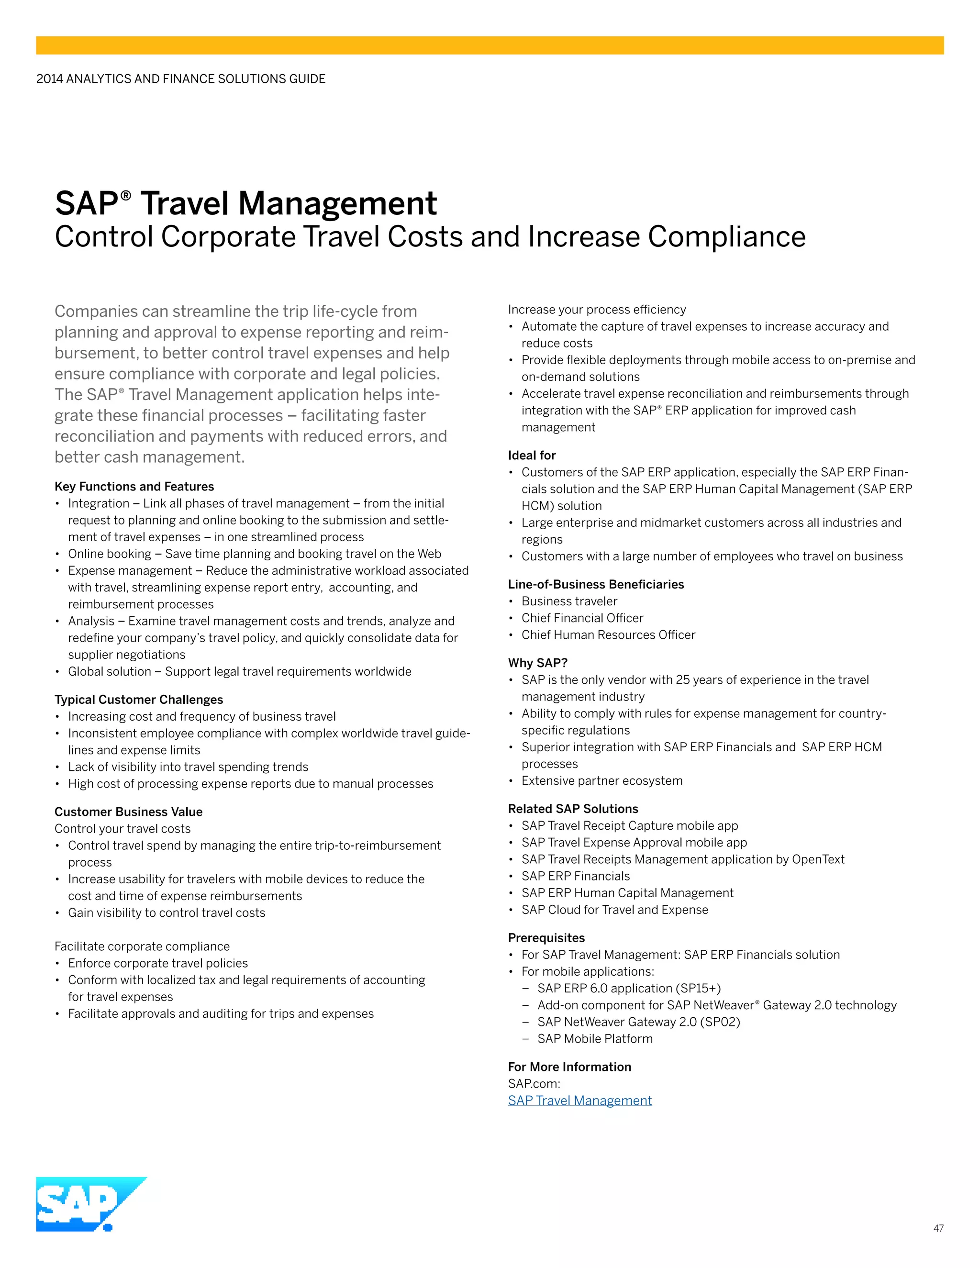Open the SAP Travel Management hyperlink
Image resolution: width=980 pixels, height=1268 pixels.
579,1100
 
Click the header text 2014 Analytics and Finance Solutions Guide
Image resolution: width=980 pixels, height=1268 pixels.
180,79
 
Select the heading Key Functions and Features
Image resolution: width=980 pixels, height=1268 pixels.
134,487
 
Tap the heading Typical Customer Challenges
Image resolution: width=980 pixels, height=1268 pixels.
139,700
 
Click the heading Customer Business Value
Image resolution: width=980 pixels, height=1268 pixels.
128,812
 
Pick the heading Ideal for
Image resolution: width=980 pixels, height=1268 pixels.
531,455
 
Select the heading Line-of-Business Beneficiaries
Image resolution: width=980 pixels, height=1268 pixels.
596,584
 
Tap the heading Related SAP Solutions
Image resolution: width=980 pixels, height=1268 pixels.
572,809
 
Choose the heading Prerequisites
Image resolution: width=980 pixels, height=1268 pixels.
546,938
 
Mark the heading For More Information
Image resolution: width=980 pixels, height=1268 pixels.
569,1067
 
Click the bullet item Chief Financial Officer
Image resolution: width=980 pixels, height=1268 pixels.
582,618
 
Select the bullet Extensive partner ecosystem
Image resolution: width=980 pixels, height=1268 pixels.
601,781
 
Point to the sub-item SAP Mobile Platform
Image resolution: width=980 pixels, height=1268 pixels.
594,1039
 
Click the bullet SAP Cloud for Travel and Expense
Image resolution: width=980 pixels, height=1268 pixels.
614,910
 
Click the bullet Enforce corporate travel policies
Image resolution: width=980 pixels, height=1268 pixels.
158,963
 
